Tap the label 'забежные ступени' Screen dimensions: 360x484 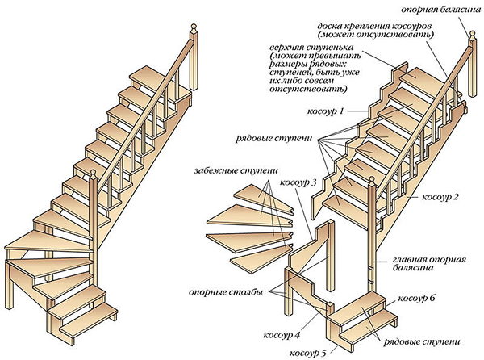coord(234,173)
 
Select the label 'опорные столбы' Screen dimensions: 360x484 coord(235,290)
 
